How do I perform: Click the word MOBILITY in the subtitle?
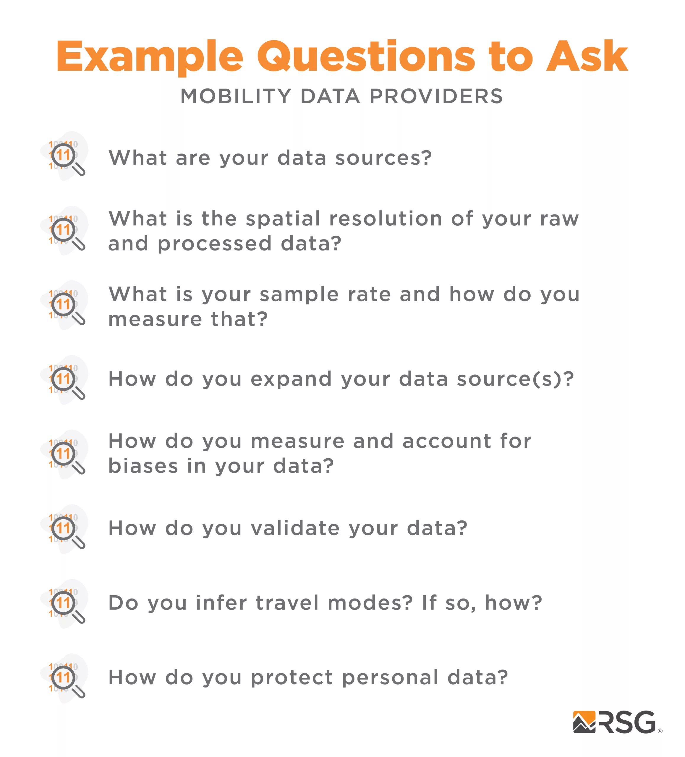pos(236,96)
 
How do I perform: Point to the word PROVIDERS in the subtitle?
pos(436,96)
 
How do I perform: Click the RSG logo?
pos(617,722)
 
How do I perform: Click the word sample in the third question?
pos(299,295)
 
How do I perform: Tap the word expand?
pos(291,380)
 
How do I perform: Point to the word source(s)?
pos(515,379)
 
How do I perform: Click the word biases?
pos(143,466)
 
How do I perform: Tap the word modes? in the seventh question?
pos(370,603)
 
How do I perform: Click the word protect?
pos(292,678)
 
